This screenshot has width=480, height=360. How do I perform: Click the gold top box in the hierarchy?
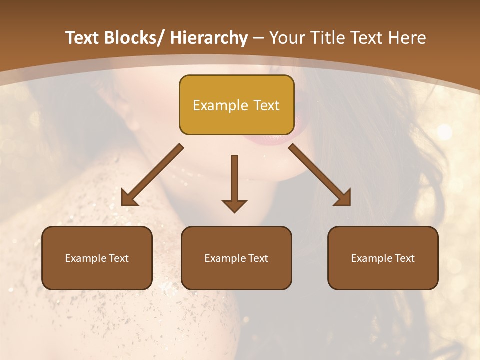[x=236, y=105]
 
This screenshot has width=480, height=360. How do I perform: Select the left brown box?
[x=97, y=258]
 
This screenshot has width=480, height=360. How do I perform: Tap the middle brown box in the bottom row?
[x=236, y=258]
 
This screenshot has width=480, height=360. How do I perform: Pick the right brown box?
[x=383, y=258]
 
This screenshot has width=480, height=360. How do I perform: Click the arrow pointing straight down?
[x=234, y=183]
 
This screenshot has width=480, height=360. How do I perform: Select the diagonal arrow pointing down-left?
[x=152, y=175]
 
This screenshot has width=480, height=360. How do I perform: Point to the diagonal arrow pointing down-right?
[x=320, y=175]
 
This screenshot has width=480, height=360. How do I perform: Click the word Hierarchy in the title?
[x=209, y=38]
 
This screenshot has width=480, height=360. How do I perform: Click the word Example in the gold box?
[x=220, y=105]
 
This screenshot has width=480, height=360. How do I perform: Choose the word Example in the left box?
[x=86, y=258]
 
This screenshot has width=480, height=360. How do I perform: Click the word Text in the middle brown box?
[x=258, y=258]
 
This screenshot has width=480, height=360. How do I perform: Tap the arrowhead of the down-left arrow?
[x=128, y=198]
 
